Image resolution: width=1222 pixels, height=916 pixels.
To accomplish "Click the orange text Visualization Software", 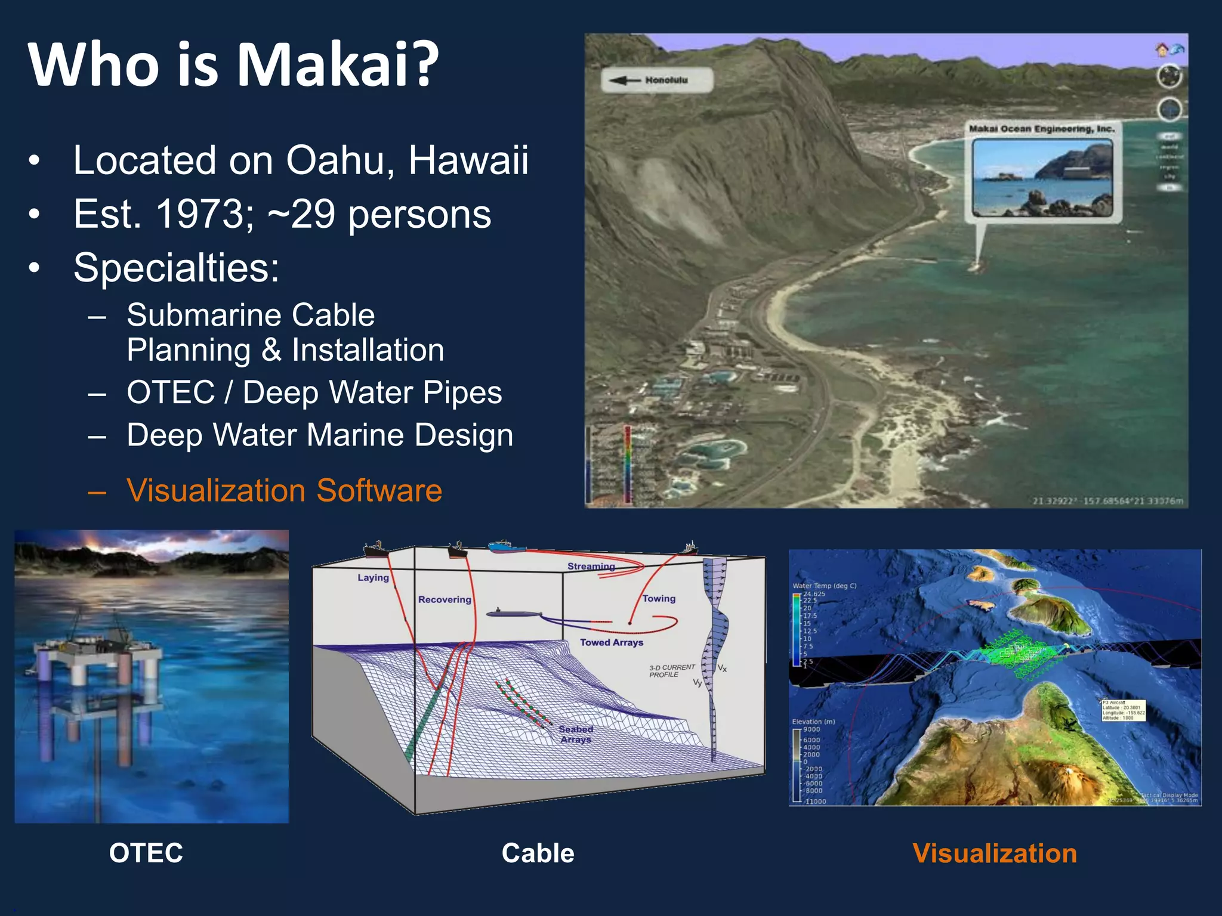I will tap(284, 490).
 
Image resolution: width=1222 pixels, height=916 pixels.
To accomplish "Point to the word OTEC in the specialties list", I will tap(171, 392).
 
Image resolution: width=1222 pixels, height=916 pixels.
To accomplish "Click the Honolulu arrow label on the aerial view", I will tap(657, 80).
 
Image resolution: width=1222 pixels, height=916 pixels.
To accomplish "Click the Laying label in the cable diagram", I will tap(373, 577).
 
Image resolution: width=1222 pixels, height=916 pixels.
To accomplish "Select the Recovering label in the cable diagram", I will tap(445, 599).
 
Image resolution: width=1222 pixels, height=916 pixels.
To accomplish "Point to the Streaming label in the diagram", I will tap(591, 566).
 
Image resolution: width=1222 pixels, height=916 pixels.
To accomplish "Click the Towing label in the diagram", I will tap(659, 598).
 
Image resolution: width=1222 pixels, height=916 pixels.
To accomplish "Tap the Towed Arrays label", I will tap(612, 642).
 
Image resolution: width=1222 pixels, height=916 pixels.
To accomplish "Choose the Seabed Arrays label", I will tap(576, 734).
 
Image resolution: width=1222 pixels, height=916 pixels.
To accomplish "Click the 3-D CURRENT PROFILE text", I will tap(671, 671).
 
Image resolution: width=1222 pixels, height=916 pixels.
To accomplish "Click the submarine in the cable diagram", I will tap(513, 613).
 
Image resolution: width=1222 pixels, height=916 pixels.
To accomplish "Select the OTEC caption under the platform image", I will tap(146, 853).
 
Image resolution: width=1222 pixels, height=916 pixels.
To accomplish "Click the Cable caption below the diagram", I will tap(538, 853).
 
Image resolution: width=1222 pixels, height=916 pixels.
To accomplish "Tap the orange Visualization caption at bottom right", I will tap(995, 853).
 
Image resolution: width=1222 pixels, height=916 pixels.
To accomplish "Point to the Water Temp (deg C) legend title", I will tap(824, 586).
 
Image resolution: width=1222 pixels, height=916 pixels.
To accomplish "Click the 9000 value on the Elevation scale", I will tap(811, 729).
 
